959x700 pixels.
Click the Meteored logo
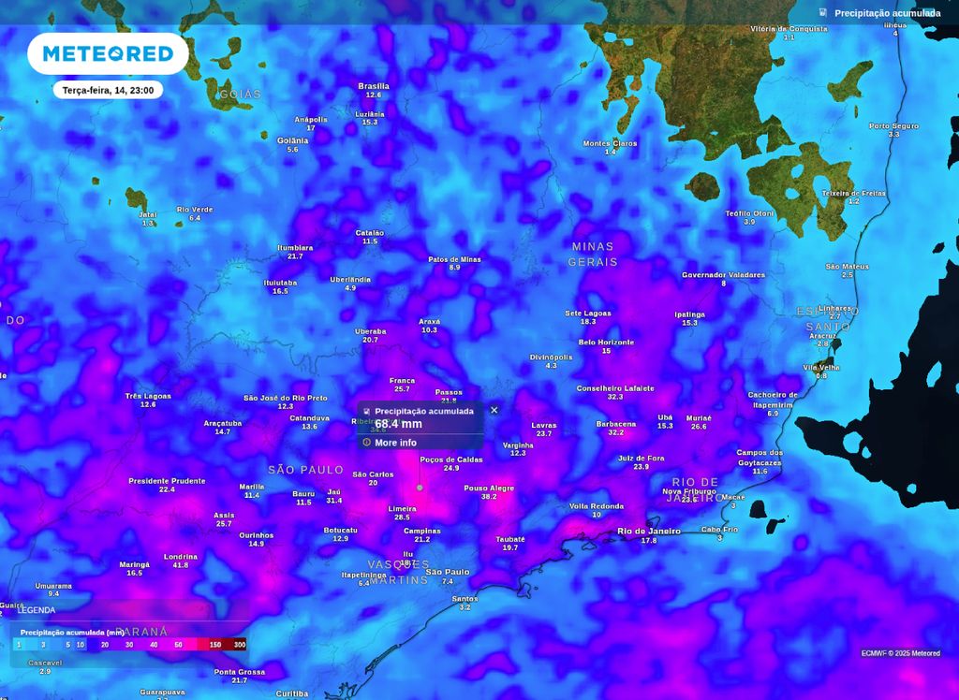click(108, 54)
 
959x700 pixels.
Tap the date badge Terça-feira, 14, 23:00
click(108, 90)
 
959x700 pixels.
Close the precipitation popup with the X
click(494, 410)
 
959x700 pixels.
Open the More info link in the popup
click(395, 443)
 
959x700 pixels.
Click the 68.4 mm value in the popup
click(399, 424)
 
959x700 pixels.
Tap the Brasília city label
click(374, 86)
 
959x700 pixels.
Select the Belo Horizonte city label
click(606, 343)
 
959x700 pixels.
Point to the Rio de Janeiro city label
click(649, 532)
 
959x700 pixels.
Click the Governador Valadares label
click(723, 275)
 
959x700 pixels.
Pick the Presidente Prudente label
click(167, 481)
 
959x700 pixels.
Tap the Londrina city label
click(181, 557)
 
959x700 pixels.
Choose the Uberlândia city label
click(350, 279)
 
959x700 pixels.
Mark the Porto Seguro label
click(893, 125)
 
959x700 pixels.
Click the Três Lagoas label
click(148, 396)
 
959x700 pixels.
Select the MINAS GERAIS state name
click(593, 254)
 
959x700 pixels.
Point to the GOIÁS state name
click(240, 95)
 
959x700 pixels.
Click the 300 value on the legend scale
click(240, 645)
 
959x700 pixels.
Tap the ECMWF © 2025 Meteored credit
click(900, 653)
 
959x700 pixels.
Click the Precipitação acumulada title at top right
click(887, 13)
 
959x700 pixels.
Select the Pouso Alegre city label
click(489, 488)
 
